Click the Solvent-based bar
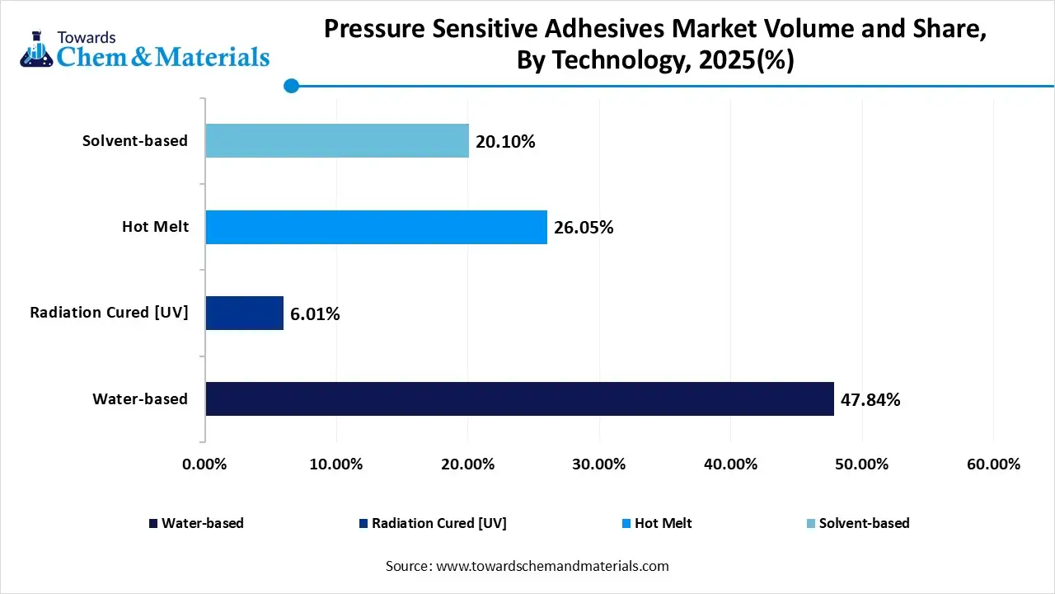point(337,141)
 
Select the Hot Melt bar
point(376,227)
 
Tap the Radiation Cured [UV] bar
point(244,313)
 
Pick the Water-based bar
point(519,398)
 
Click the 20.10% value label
point(505,142)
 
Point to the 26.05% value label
point(584,228)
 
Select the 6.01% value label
point(315,313)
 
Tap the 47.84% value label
point(870,400)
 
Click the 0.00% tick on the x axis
point(204,464)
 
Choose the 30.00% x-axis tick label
point(599,464)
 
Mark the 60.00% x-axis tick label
point(993,464)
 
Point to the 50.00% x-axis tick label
point(862,464)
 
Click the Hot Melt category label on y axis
point(155,227)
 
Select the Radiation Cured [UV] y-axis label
point(109,313)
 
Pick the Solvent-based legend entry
point(857,523)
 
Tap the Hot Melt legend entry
point(657,523)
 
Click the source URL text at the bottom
point(527,566)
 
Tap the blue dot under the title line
point(291,86)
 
